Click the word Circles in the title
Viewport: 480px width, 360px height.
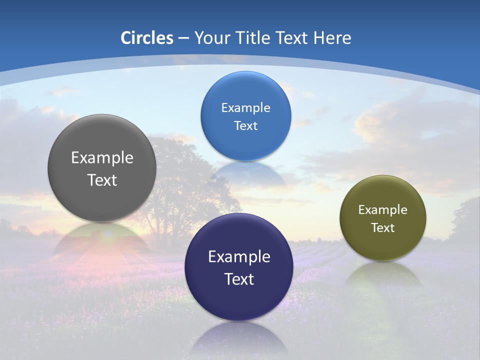click(147, 38)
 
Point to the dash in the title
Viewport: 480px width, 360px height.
click(183, 38)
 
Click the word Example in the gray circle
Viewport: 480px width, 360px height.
click(102, 158)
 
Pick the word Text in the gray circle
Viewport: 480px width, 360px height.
click(102, 180)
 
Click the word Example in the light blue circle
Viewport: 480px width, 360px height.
click(245, 107)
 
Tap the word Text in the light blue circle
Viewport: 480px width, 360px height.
click(245, 125)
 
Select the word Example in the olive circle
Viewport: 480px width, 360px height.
click(383, 209)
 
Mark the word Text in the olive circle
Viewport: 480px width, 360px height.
click(383, 228)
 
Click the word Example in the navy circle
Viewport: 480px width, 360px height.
click(239, 257)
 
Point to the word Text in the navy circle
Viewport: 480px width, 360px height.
click(239, 279)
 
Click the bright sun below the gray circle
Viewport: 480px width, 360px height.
click(107, 234)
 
